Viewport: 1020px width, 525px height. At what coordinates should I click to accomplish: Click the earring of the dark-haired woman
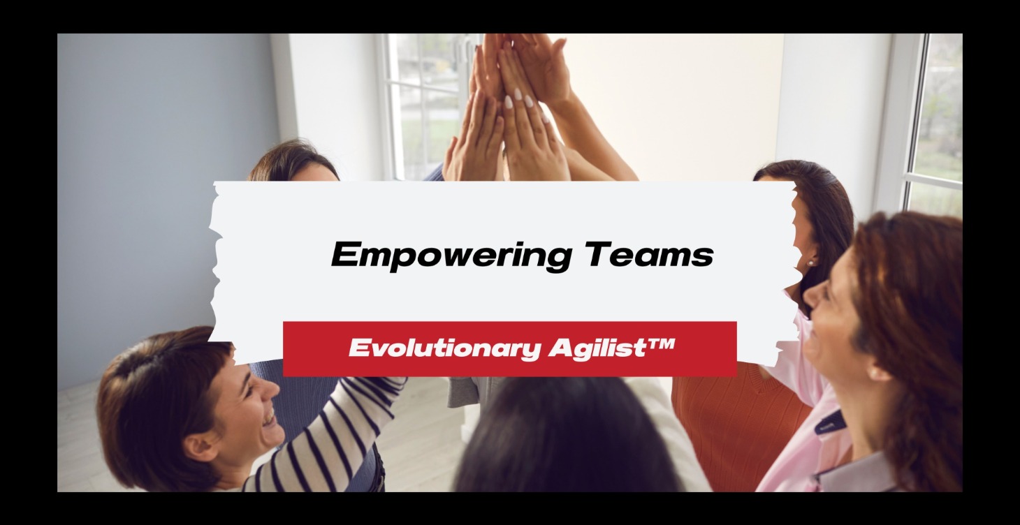click(x=810, y=263)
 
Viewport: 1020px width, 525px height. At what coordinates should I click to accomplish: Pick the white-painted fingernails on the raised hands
click(x=520, y=98)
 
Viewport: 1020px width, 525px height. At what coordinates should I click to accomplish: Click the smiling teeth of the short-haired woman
click(x=267, y=419)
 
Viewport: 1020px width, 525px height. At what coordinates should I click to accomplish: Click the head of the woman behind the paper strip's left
click(x=293, y=165)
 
